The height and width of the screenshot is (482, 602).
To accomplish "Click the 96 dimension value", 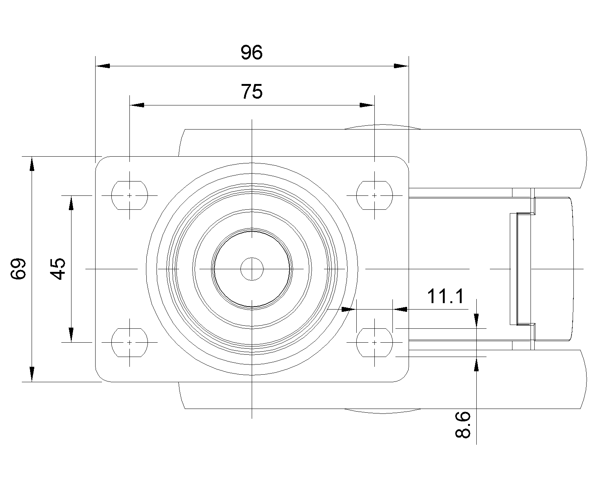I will click(251, 53).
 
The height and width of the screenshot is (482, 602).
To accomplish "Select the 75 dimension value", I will click(251, 92).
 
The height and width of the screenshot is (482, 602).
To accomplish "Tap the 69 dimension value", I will click(18, 268).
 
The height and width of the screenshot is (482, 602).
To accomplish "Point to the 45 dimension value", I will click(58, 268).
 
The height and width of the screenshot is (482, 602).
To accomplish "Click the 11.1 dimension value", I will click(446, 297).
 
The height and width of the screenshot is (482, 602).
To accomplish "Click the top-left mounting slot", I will click(129, 195).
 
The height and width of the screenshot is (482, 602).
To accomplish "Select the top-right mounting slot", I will click(374, 195).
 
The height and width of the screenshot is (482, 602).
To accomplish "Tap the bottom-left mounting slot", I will click(129, 342).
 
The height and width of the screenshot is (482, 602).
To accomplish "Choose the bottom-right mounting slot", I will click(374, 342).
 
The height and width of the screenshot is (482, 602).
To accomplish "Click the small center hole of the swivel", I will click(252, 269).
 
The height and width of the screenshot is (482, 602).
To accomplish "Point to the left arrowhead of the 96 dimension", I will click(103, 66).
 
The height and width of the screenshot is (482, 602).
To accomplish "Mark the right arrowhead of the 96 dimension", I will click(401, 66).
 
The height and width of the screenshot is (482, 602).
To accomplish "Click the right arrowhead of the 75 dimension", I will click(367, 105).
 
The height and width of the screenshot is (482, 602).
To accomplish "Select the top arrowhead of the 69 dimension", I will click(32, 164).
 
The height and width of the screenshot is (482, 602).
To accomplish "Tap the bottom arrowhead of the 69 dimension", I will click(32, 374).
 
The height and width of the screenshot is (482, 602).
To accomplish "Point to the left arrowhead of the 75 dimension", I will click(137, 105).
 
